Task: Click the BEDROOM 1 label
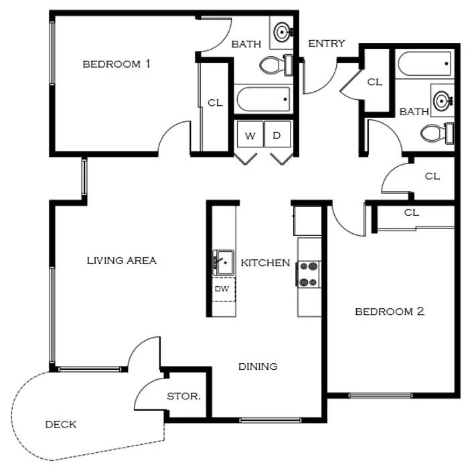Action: [x=116, y=64]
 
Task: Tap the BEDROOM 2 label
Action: [x=390, y=312]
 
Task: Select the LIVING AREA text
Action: [x=122, y=261]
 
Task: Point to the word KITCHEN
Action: [x=265, y=263]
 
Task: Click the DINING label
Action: [x=258, y=366]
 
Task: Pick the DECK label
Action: [x=61, y=424]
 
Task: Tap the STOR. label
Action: [x=184, y=396]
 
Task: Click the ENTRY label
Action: [x=327, y=44]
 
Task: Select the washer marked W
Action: [x=250, y=134]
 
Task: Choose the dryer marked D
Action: [x=278, y=134]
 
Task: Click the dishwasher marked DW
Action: [x=224, y=289]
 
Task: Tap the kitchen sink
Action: [x=224, y=262]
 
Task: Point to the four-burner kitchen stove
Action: [x=309, y=274]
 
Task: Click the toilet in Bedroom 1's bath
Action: [x=276, y=65]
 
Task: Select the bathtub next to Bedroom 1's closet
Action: [x=263, y=99]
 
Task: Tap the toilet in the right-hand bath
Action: [x=437, y=133]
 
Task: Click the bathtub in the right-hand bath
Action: [x=424, y=64]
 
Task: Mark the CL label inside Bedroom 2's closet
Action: [x=412, y=212]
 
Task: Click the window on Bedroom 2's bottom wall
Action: [x=380, y=395]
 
